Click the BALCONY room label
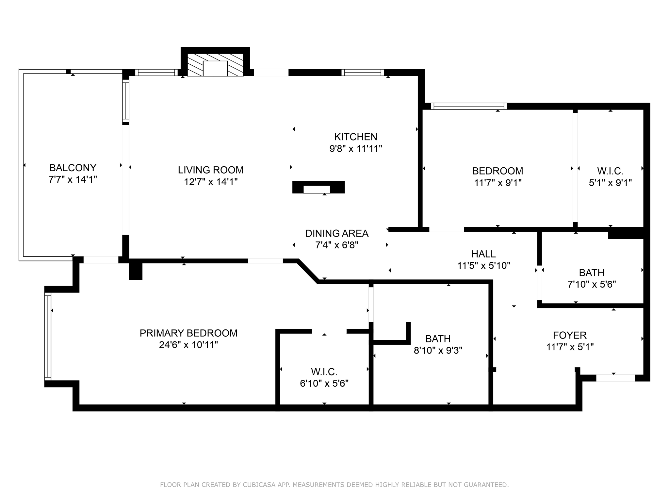click(x=73, y=168)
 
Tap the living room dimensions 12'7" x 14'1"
click(x=210, y=182)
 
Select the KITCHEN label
click(x=355, y=137)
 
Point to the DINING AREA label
click(x=336, y=233)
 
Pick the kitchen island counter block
click(x=318, y=187)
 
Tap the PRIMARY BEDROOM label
click(x=188, y=333)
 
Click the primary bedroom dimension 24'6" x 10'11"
click(x=188, y=345)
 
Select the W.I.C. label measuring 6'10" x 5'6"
click(x=324, y=372)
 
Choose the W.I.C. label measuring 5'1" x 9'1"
click(x=610, y=171)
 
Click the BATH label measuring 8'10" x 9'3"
click(x=438, y=339)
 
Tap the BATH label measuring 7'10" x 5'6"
click(x=591, y=273)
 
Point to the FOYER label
click(x=570, y=335)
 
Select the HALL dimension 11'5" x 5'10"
click(x=483, y=266)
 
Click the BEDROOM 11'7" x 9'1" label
click(x=498, y=171)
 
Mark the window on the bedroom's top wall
click(x=469, y=106)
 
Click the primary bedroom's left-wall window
click(x=48, y=336)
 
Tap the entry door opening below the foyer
click(x=615, y=378)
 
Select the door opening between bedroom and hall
click(x=446, y=229)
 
